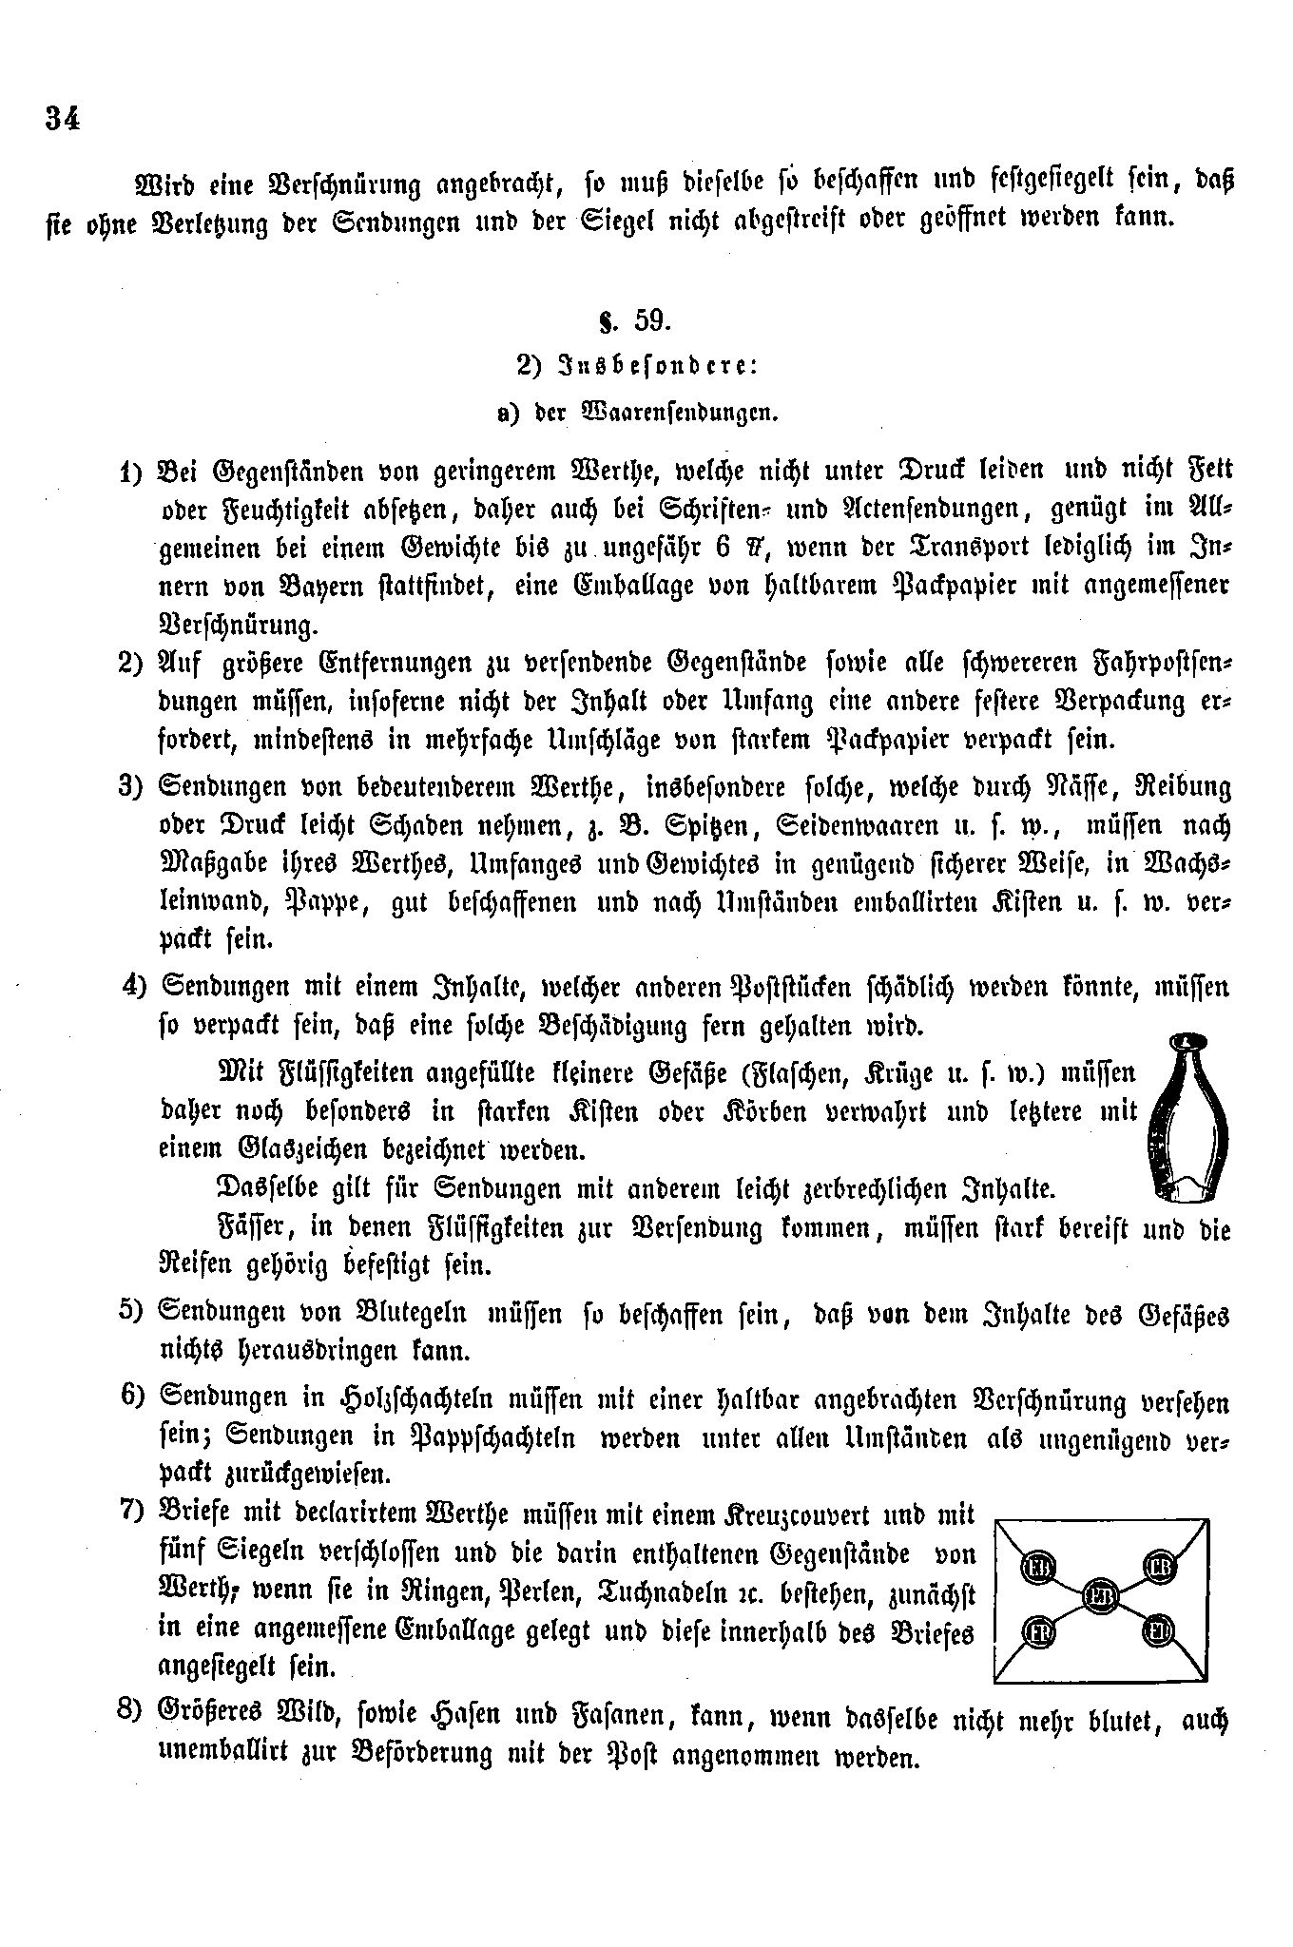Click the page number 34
pos(62,120)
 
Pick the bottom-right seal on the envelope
pos(1159,1633)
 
